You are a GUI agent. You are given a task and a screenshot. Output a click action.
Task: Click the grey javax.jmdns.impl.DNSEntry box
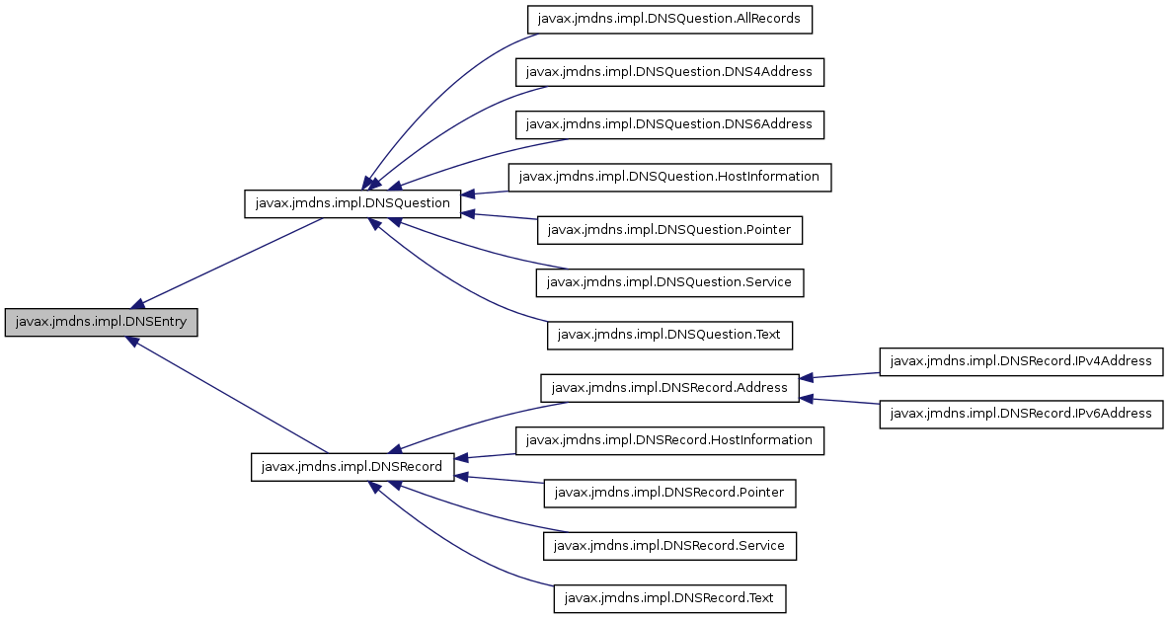click(x=102, y=323)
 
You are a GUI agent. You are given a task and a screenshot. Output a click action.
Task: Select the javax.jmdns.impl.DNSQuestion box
click(x=352, y=203)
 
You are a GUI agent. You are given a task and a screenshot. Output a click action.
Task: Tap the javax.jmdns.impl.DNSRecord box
click(x=352, y=467)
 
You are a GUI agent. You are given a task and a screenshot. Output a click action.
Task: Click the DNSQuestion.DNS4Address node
click(x=669, y=72)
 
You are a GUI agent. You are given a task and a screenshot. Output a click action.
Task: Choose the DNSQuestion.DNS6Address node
click(x=669, y=124)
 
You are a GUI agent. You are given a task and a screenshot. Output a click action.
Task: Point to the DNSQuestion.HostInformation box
click(x=669, y=177)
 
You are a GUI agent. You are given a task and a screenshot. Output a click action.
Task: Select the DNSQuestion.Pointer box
click(x=669, y=230)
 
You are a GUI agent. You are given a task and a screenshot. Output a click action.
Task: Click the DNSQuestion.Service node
click(x=669, y=282)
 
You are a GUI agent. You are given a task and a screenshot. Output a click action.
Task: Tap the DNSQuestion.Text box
click(x=669, y=335)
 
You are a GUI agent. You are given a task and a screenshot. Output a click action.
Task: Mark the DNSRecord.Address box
click(x=669, y=387)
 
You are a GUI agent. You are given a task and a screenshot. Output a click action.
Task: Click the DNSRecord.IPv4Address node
click(x=1021, y=361)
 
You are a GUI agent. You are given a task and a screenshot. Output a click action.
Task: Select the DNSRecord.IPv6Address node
click(x=1021, y=414)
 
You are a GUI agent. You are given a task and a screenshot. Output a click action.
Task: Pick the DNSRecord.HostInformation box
click(x=669, y=440)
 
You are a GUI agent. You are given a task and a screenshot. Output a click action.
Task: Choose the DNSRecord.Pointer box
click(x=669, y=493)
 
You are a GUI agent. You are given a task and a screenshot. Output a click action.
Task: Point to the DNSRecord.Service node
click(x=669, y=545)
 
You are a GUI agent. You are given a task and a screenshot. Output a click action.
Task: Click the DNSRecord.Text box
click(x=669, y=598)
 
